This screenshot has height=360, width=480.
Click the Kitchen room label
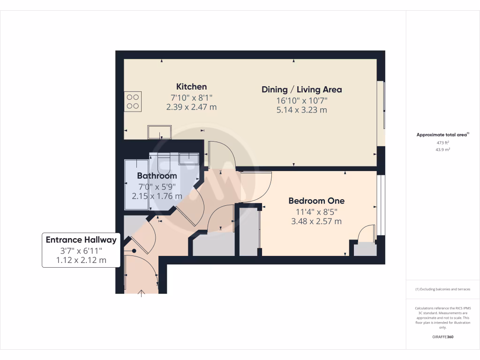click(191, 87)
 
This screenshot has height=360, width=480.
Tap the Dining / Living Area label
click(301, 90)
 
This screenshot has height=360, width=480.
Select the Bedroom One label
click(316, 201)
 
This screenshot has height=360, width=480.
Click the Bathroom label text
click(157, 176)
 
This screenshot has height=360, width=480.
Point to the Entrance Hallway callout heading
click(80, 240)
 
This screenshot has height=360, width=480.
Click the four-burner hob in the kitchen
click(133, 102)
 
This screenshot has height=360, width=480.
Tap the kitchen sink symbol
click(159, 133)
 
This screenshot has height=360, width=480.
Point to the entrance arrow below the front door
click(142, 293)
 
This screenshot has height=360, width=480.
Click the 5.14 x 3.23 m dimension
click(301, 110)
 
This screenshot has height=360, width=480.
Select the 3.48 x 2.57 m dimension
click(316, 221)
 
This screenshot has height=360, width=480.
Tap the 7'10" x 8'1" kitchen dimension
click(191, 97)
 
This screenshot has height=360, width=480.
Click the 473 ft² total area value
click(443, 142)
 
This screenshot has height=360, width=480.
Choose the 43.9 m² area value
click(443, 150)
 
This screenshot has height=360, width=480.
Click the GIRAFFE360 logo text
click(443, 337)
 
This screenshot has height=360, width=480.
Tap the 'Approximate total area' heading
click(442, 135)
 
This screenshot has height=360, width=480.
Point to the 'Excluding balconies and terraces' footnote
click(443, 289)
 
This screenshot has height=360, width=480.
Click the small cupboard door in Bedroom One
click(367, 234)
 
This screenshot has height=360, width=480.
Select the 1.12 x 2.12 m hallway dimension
click(80, 260)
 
